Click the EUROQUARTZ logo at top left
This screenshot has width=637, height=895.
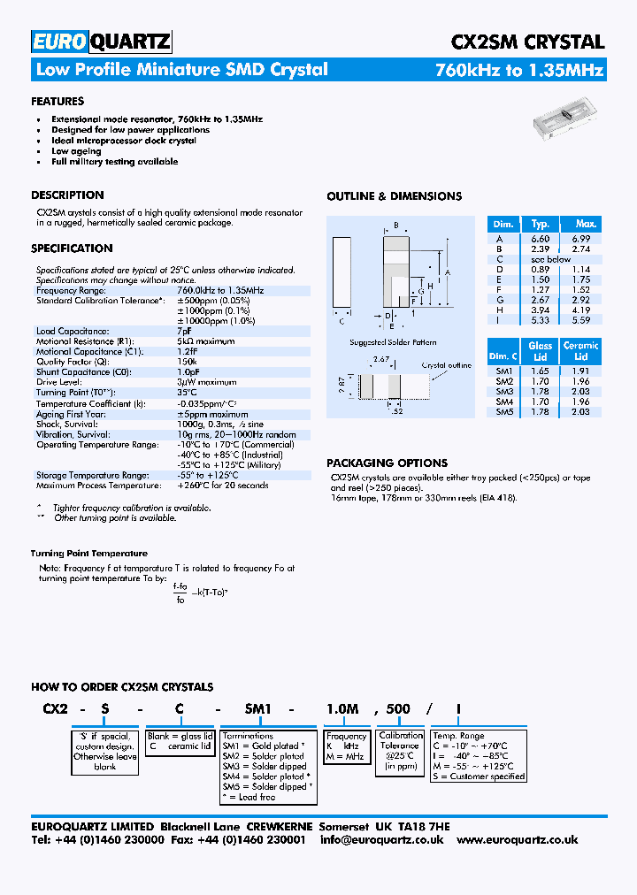(101, 42)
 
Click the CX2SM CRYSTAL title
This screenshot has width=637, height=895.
(527, 42)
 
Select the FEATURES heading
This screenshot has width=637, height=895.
(58, 102)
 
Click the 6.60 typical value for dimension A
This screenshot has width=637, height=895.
(540, 239)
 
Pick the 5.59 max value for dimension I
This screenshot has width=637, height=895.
(580, 320)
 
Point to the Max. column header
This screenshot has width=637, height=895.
(586, 224)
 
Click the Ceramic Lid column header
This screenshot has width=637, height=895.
(580, 351)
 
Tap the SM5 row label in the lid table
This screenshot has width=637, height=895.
(504, 411)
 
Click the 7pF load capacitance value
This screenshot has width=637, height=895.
(185, 330)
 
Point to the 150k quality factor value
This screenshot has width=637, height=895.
(187, 361)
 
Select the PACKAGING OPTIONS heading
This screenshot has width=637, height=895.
(387, 463)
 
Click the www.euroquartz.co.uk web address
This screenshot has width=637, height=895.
(517, 839)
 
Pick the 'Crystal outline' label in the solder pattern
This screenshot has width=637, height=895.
(446, 364)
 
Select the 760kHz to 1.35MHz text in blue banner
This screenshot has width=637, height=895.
(519, 70)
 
